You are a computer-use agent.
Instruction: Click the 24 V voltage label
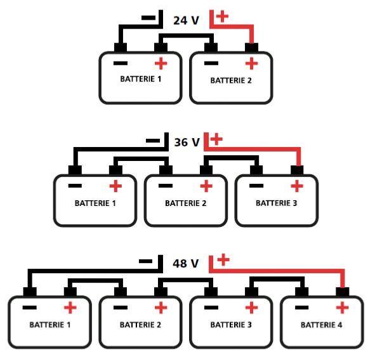[186, 20]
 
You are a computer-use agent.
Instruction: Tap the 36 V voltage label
[187, 142]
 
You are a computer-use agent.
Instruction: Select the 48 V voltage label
[186, 264]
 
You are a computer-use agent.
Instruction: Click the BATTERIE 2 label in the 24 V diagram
[231, 80]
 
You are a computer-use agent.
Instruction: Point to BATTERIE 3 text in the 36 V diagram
[276, 203]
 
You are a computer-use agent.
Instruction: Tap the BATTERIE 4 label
[321, 325]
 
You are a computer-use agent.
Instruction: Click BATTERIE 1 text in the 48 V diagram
[49, 325]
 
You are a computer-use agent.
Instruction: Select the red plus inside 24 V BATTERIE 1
[161, 63]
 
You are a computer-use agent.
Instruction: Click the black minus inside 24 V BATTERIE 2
[211, 63]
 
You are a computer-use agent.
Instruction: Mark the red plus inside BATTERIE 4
[342, 307]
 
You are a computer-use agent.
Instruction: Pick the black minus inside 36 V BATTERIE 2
[166, 186]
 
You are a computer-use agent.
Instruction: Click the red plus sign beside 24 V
[222, 16]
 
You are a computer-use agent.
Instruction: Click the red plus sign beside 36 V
[216, 139]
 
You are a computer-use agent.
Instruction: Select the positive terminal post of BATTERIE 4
[343, 292]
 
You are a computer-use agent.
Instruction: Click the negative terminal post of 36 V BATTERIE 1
[75, 170]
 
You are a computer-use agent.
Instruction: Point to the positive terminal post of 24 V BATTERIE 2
[252, 48]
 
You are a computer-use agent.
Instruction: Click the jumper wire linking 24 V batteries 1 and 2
[186, 35]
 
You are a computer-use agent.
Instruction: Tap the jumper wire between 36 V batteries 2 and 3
[232, 157]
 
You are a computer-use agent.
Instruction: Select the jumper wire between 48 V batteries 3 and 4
[277, 279]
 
